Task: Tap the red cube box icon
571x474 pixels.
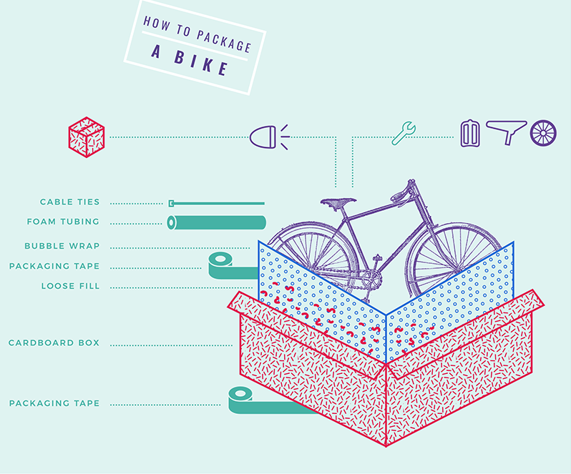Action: (x=87, y=137)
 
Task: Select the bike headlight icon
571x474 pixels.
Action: (x=270, y=137)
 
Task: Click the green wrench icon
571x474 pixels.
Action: (x=404, y=133)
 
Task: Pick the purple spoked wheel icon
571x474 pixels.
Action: (x=543, y=133)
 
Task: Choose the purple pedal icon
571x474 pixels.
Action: (x=470, y=134)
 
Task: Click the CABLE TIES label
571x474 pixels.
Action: (x=70, y=202)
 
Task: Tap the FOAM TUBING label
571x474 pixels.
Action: (x=63, y=222)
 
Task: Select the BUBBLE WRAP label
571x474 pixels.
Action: (x=62, y=246)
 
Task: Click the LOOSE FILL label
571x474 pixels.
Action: (x=70, y=286)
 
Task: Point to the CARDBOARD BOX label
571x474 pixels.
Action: (x=54, y=342)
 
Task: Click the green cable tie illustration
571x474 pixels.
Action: (x=216, y=203)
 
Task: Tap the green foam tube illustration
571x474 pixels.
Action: (x=216, y=222)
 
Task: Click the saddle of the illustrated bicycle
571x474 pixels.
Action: (x=338, y=202)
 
